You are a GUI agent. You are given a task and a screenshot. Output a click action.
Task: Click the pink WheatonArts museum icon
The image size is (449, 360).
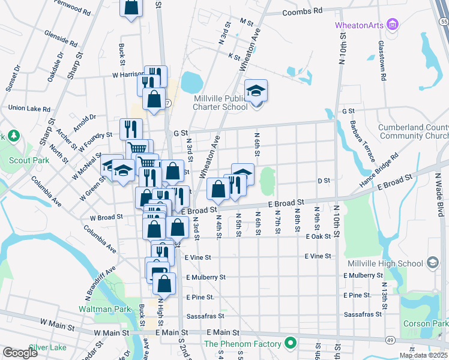[393, 25]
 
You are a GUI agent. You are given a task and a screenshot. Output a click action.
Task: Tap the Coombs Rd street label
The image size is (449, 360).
[302, 11]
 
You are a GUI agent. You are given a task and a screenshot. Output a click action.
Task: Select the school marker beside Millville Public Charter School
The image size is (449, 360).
[256, 92]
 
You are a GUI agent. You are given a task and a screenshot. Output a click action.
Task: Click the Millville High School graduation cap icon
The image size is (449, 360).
[432, 263]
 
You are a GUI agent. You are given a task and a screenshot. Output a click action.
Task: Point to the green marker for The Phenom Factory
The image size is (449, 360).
[291, 344]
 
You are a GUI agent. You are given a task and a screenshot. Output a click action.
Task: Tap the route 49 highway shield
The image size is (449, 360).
[390, 340]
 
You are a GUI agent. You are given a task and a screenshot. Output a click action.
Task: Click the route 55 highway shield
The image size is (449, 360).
[443, 21]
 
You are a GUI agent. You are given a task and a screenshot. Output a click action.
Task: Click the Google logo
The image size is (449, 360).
[21, 353]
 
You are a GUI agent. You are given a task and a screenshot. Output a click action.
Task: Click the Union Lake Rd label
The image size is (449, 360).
[28, 108]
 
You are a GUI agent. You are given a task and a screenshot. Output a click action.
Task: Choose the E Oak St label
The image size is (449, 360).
[318, 237]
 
